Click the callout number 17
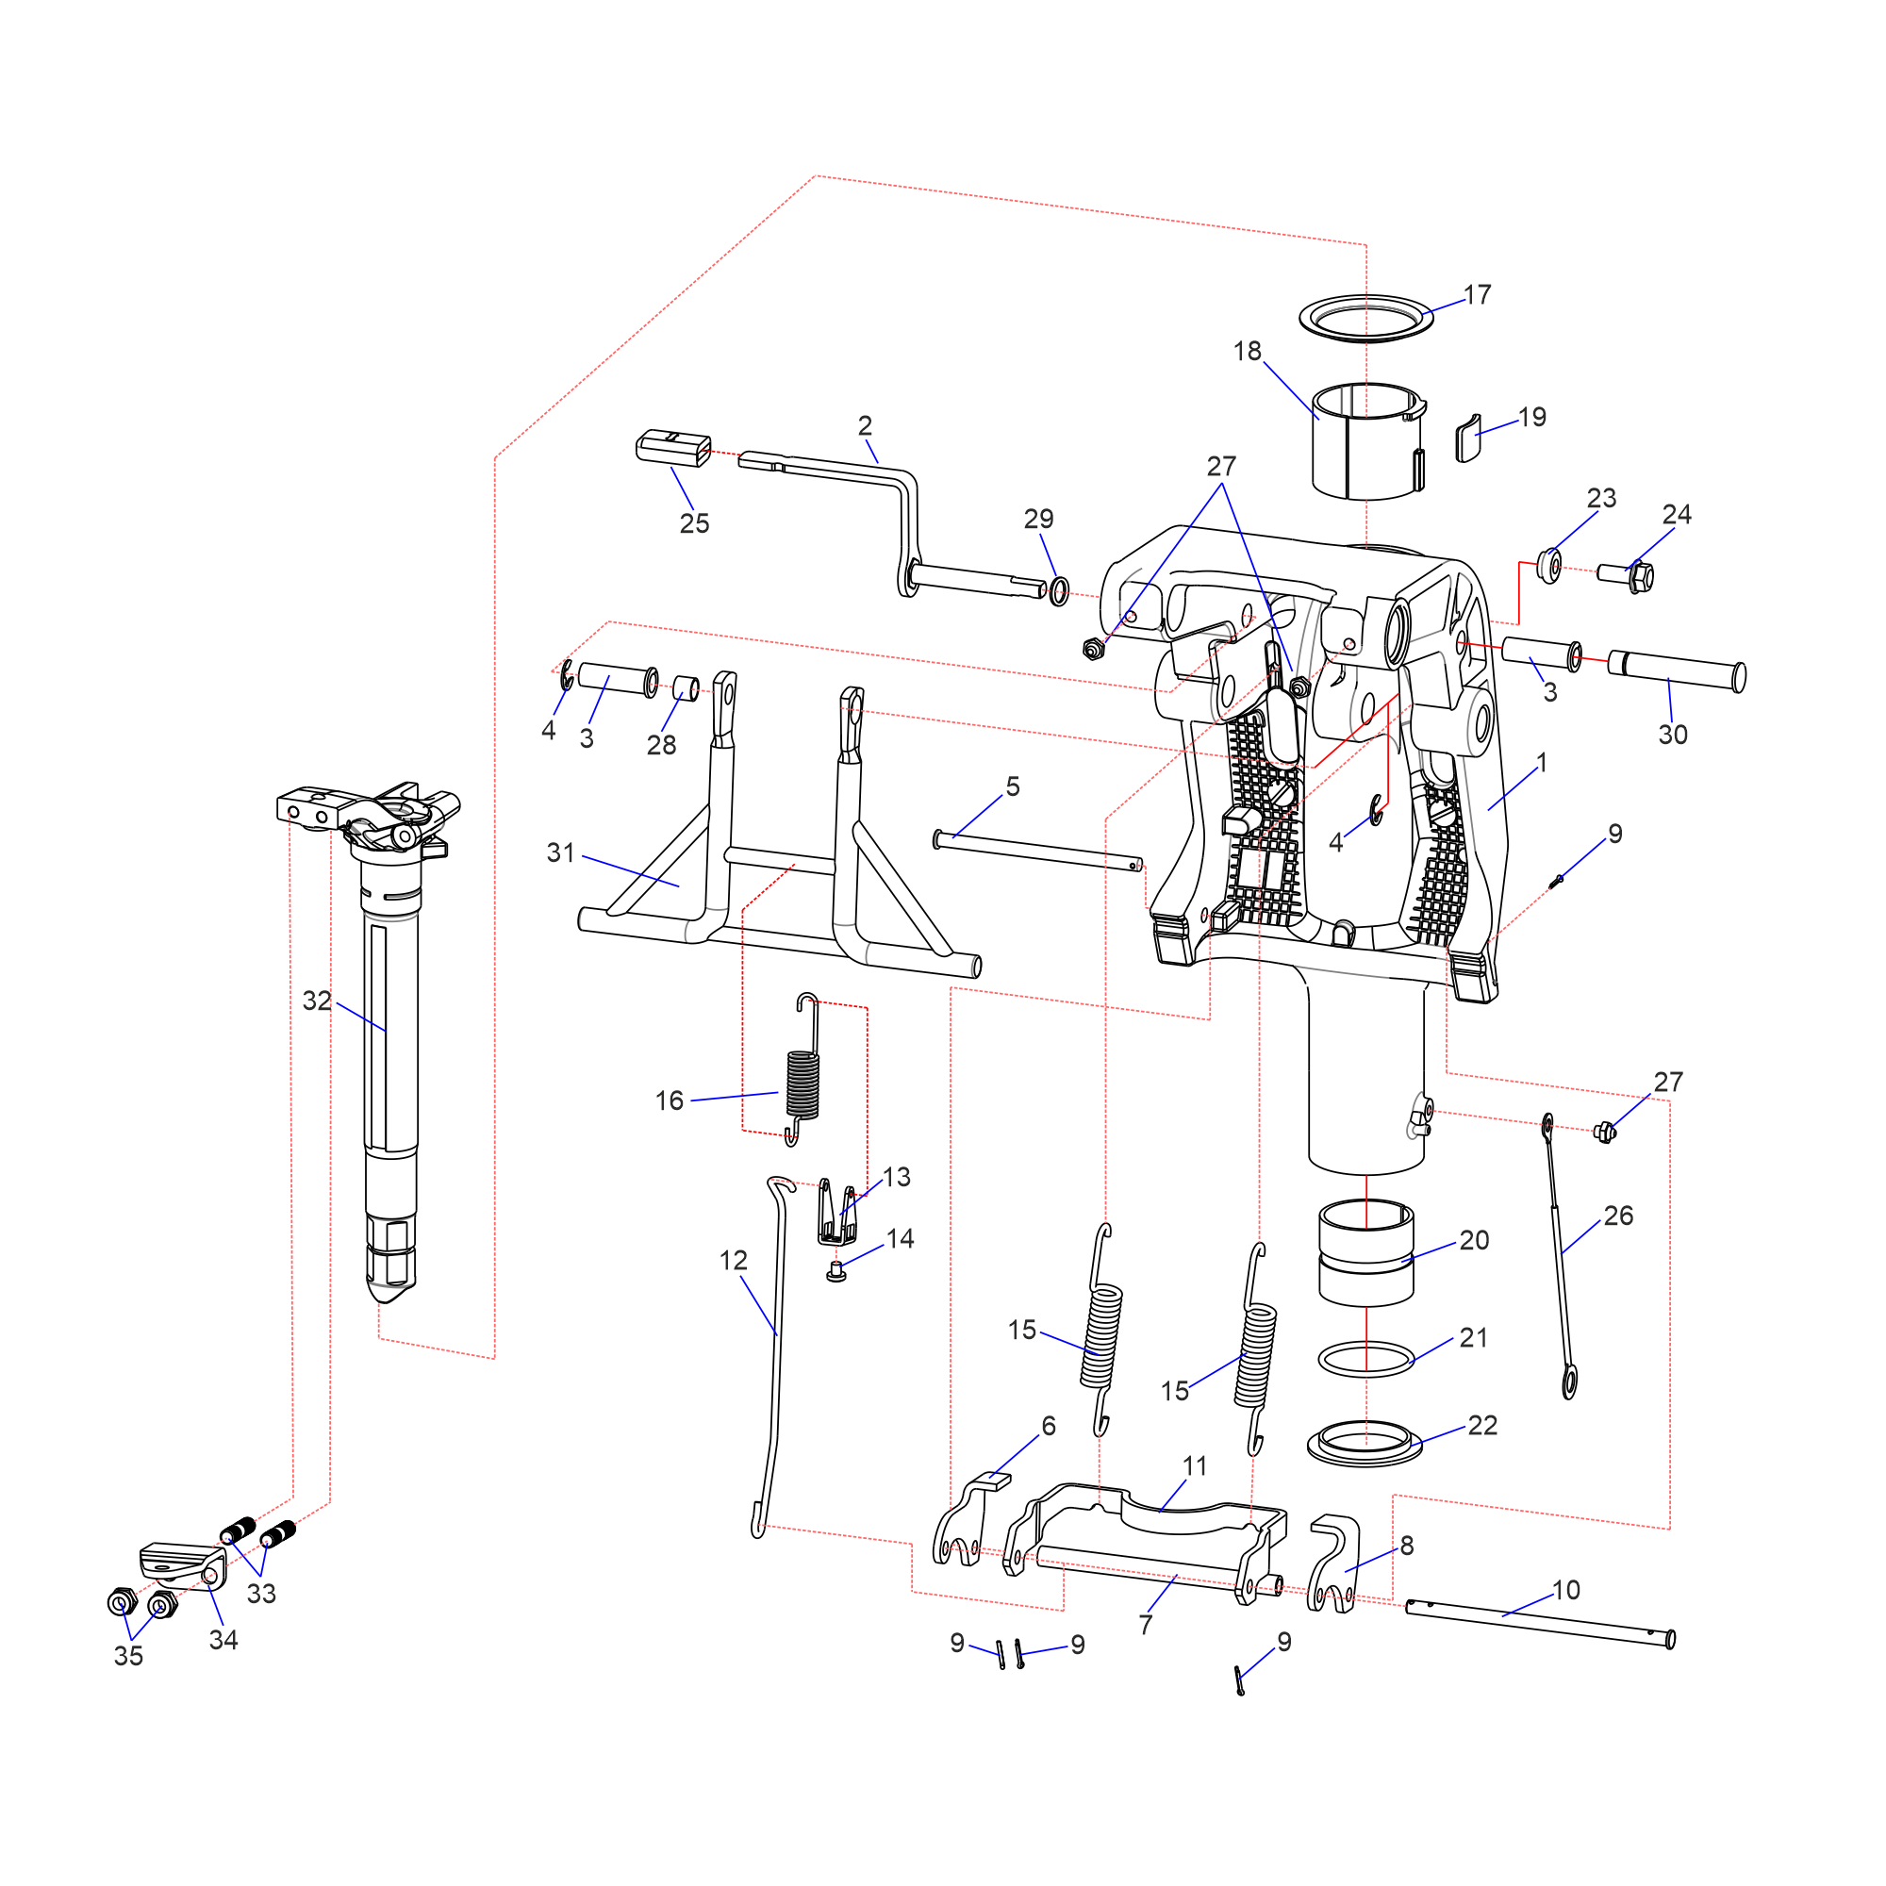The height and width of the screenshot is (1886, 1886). click(1477, 295)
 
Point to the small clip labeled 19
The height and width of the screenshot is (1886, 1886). click(1467, 439)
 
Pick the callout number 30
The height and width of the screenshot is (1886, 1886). click(1672, 736)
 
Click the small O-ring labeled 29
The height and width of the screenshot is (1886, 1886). click(1059, 590)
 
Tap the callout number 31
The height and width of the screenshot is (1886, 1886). click(560, 852)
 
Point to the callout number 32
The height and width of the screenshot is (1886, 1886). click(316, 1001)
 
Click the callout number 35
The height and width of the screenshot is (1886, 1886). click(128, 1656)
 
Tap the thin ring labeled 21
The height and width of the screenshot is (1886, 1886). click(1365, 1359)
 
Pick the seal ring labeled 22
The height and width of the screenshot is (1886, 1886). click(1365, 1445)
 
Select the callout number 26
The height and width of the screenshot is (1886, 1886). click(1617, 1216)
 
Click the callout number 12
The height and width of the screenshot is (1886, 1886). click(733, 1260)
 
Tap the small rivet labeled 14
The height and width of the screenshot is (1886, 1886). click(835, 1271)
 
